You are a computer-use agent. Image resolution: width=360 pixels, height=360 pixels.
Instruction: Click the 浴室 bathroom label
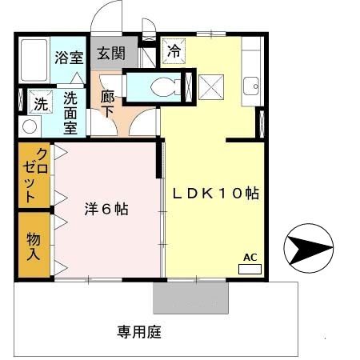69,58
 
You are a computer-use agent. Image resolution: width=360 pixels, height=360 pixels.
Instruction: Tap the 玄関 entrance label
111,54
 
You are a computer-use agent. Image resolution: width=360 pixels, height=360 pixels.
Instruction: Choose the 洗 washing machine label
38,102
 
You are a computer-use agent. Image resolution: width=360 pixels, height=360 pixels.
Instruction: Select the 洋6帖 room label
106,210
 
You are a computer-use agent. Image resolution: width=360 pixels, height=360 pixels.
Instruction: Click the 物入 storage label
34,246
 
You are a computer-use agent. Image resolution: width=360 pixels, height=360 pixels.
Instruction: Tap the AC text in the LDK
250,258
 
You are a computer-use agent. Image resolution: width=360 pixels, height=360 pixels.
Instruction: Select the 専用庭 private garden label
139,331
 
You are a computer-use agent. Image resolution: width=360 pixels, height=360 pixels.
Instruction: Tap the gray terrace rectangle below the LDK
191,297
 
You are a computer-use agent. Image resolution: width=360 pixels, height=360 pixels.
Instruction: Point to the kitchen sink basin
252,84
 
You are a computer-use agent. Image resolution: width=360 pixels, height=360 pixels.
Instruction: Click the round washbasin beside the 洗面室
30,126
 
